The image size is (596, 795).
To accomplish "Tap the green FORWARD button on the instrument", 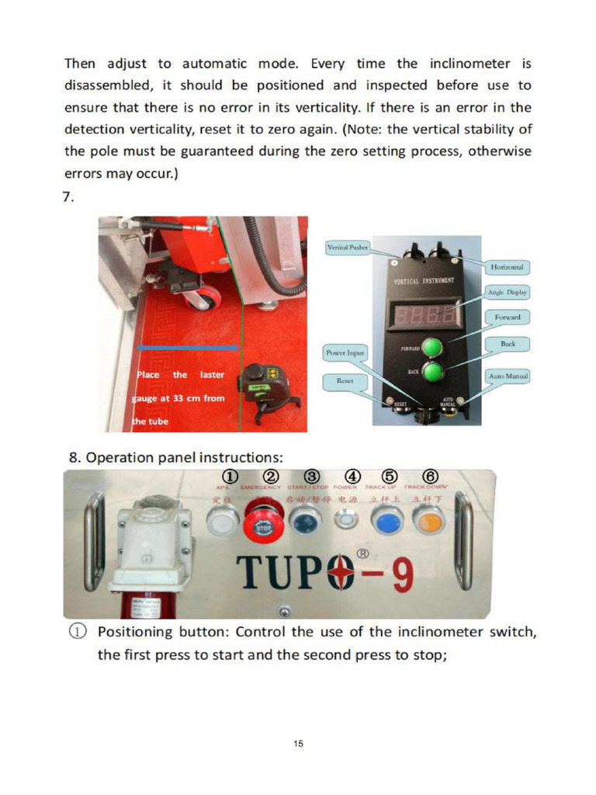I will pyautogui.click(x=431, y=346).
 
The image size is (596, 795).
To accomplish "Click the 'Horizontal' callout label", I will pyautogui.click(x=507, y=267).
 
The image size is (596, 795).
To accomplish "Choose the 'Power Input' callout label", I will pyautogui.click(x=345, y=353).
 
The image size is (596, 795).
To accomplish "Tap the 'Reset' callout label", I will pyautogui.click(x=345, y=380).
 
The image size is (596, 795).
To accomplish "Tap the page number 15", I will pyautogui.click(x=298, y=744).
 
